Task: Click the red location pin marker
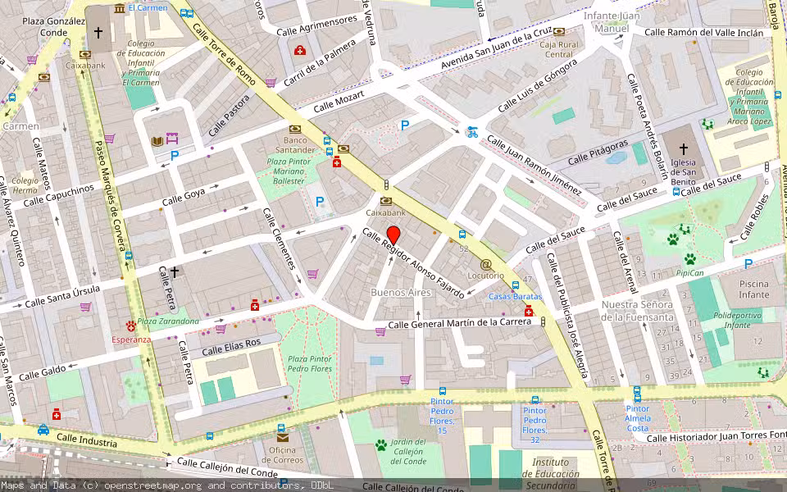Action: pos(393,235)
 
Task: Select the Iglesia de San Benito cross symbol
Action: pos(684,148)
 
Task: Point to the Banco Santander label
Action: pos(295,144)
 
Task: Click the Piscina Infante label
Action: pos(754,289)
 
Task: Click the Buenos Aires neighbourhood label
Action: pos(400,293)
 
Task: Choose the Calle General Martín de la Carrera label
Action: pos(459,324)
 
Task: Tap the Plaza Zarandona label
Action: pos(168,321)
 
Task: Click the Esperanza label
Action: pos(131,339)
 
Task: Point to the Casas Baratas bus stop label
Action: pos(515,296)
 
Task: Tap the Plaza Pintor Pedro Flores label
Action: pos(310,364)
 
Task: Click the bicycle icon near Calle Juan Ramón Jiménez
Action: pos(471,130)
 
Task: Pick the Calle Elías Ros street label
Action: pos(231,347)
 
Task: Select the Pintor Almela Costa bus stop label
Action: pos(637,418)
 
